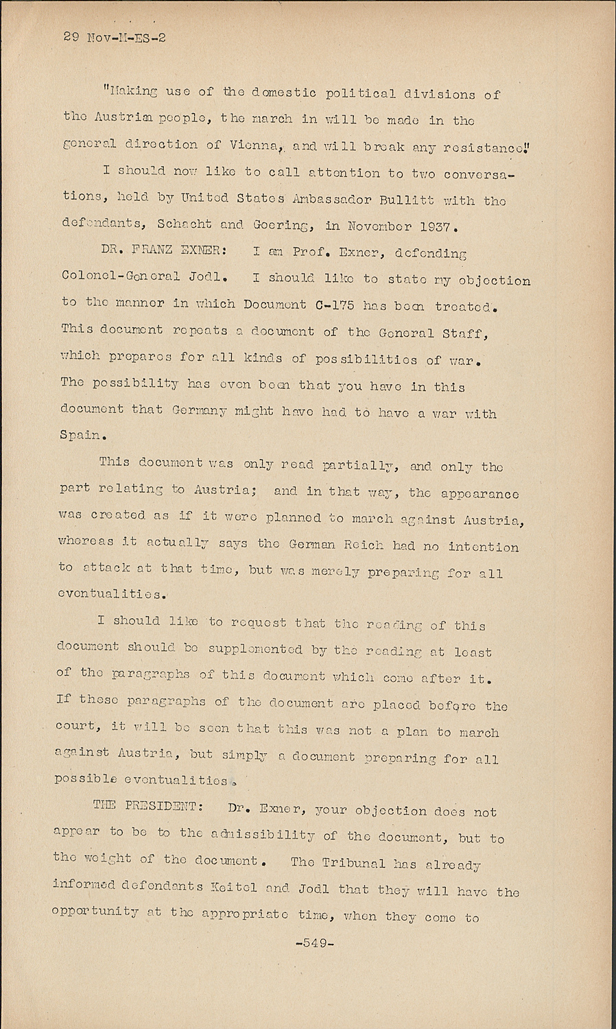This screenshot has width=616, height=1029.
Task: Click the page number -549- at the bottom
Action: pyautogui.click(x=313, y=943)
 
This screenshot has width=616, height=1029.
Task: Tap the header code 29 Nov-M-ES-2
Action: pyautogui.click(x=115, y=38)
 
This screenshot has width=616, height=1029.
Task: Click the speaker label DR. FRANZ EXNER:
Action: pyautogui.click(x=150, y=252)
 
